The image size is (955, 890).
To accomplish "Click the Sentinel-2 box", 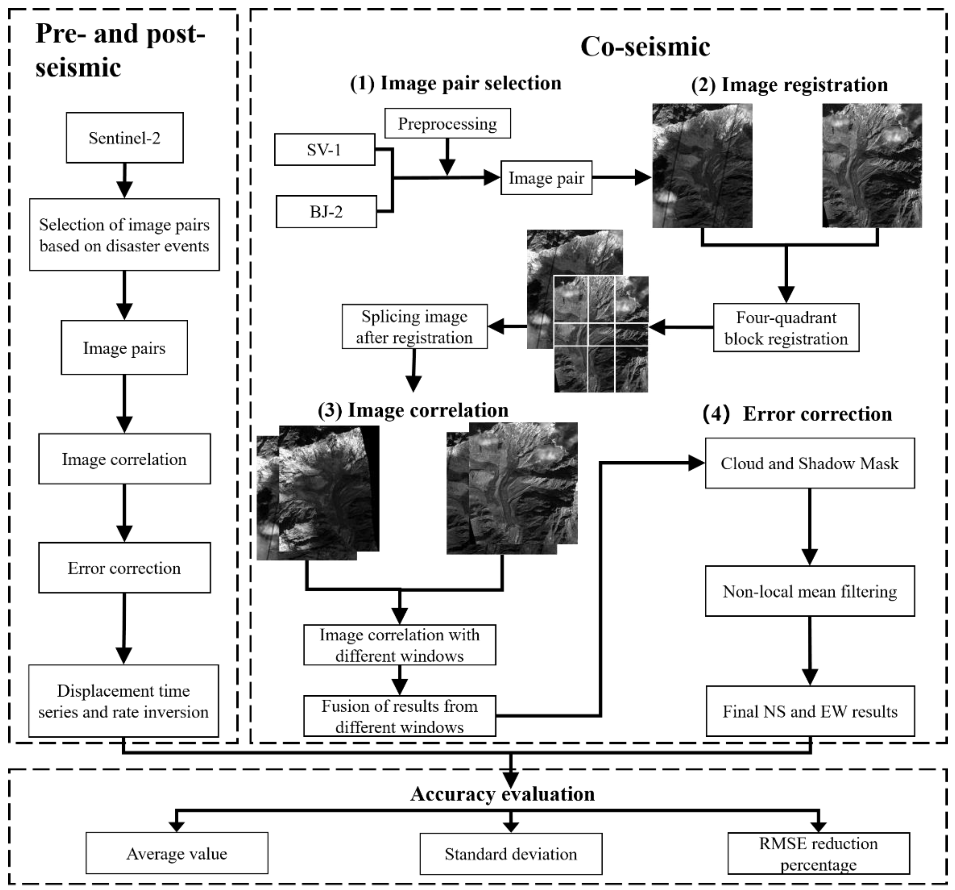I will (124, 138).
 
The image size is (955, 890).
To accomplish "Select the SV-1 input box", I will (324, 150).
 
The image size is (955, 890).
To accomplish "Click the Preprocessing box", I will (447, 124).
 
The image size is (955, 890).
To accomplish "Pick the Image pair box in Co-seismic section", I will (546, 178).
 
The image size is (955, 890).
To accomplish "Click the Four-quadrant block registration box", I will (786, 328).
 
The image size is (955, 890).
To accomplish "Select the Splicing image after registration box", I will (414, 327).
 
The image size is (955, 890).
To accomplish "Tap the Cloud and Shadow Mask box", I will (809, 463).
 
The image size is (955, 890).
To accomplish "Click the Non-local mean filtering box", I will (809, 591).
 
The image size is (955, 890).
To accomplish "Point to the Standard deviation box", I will (511, 854).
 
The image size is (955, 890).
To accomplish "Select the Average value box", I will (177, 854).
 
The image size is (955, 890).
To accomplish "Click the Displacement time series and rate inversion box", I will (123, 701).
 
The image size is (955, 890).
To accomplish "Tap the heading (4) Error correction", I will (797, 414).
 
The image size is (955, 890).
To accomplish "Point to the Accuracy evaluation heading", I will (503, 794).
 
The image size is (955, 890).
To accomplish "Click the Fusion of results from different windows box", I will (399, 716).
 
